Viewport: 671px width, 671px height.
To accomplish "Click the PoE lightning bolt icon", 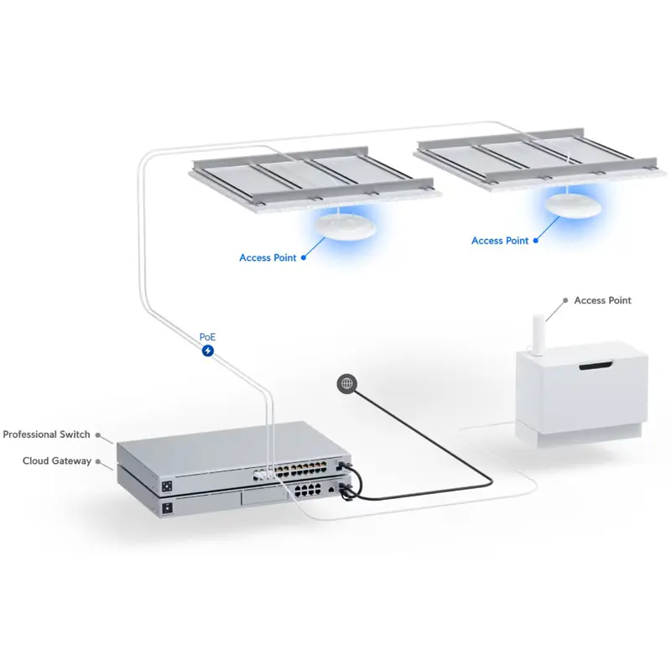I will [x=208, y=350].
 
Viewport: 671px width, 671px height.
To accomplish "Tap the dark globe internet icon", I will [x=347, y=384].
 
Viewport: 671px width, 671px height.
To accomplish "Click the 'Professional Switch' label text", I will [x=46, y=434].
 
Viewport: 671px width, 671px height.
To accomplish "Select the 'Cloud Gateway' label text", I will [x=57, y=460].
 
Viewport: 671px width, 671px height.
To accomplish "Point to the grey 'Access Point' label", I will [x=602, y=300].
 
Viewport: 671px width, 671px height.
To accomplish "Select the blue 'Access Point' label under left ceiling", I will [x=268, y=257].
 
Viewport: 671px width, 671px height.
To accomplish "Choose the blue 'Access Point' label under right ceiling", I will [x=500, y=241].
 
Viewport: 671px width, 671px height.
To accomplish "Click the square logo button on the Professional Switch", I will [x=166, y=486].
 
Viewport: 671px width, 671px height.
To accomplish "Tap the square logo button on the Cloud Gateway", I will [x=167, y=508].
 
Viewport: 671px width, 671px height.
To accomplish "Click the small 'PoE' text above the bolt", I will [x=208, y=336].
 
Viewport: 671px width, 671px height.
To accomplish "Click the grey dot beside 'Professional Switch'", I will [x=98, y=434].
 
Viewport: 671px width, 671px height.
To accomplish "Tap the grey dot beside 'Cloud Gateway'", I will [x=100, y=460].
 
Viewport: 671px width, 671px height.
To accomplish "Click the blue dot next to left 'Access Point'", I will [x=304, y=257].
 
